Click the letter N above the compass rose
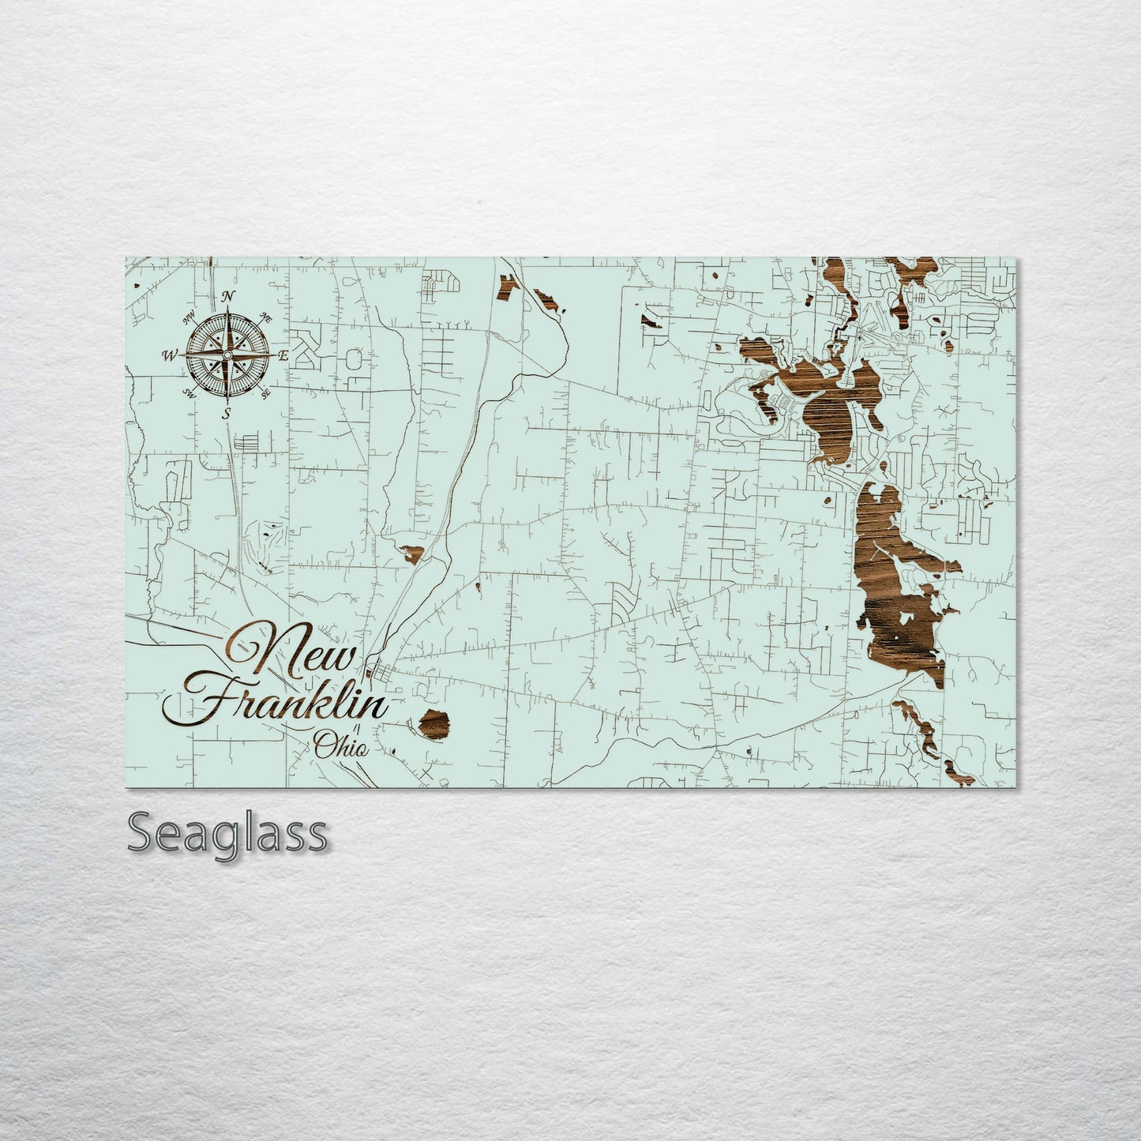coord(229,296)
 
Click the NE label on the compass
coord(266,317)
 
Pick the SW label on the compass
coord(190,393)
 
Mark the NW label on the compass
coord(190,318)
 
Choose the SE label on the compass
coord(265,392)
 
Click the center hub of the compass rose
coord(227,355)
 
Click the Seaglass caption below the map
coord(227,832)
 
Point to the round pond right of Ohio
coord(434,723)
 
